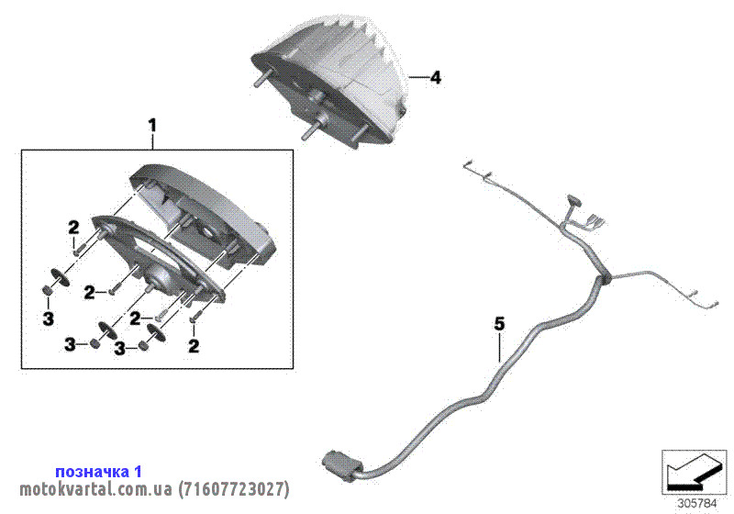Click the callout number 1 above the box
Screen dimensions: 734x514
coord(152,126)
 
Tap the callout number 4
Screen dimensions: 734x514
coord(435,77)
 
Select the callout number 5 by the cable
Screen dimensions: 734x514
coord(500,323)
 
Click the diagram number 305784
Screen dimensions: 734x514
coord(697,504)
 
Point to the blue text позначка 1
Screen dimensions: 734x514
coord(98,471)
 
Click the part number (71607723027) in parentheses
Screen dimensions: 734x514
coord(234,489)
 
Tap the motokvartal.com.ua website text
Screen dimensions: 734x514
coord(96,489)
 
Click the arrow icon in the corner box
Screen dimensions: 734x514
coord(695,473)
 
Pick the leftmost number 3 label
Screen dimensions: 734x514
coord(49,318)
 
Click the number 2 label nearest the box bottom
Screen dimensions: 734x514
coord(194,346)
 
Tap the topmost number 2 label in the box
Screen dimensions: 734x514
coord(73,228)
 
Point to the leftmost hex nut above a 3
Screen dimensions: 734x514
coord(48,291)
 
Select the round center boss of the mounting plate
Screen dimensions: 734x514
coord(157,275)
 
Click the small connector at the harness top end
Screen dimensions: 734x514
coord(574,201)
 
